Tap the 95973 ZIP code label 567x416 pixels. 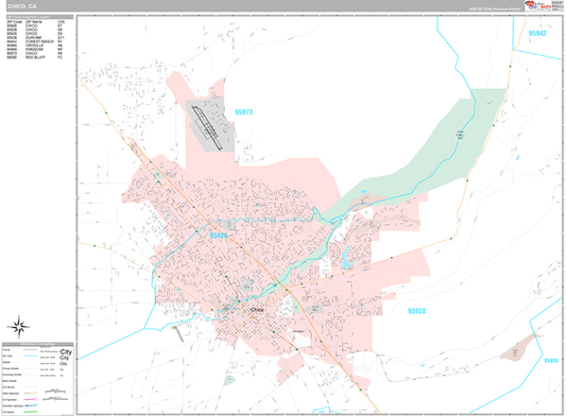(242, 113)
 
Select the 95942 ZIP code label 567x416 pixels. (538, 33)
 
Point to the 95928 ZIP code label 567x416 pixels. (422, 310)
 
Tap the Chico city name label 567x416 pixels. (260, 309)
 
